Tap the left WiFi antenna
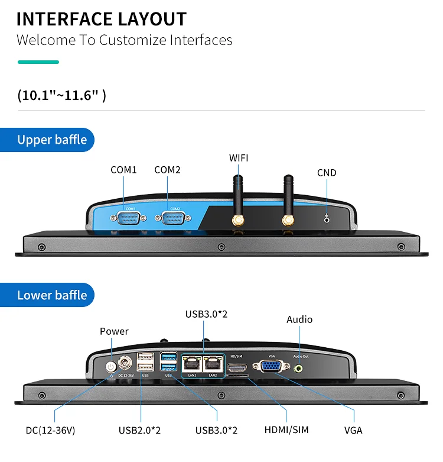237,198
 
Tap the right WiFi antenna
288,198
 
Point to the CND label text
327,173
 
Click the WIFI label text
239,157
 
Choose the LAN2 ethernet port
213,364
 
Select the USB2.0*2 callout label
139,430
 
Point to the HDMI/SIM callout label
287,430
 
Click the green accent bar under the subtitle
38,62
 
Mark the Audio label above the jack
299,319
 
